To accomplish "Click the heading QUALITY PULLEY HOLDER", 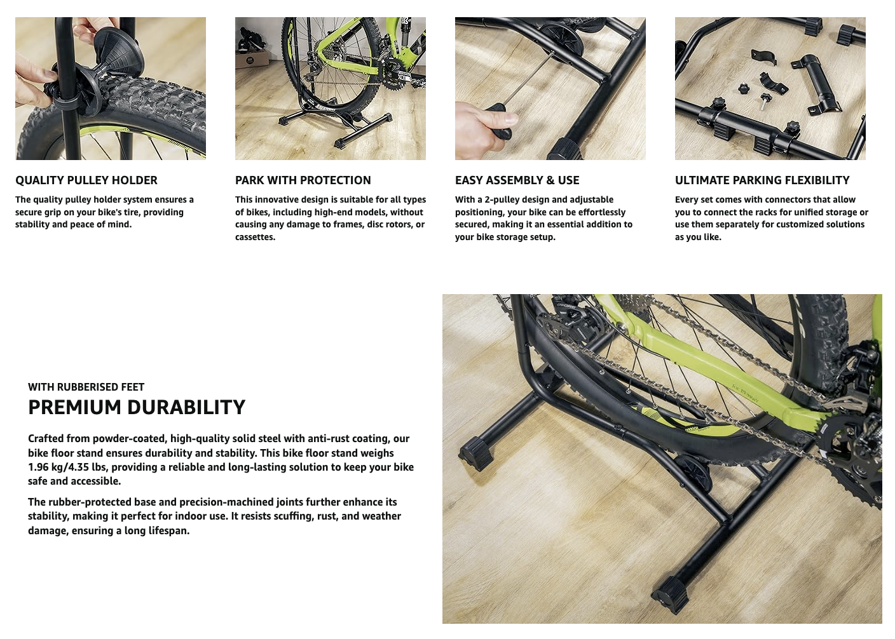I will pyautogui.click(x=86, y=180).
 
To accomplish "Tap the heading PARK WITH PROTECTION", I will pyautogui.click(x=303, y=180).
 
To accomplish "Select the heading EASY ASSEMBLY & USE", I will pyautogui.click(x=517, y=180).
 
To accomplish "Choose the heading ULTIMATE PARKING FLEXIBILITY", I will pyautogui.click(x=762, y=180).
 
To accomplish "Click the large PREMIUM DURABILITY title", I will pyautogui.click(x=137, y=407).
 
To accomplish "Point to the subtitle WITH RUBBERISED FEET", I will pyautogui.click(x=86, y=387).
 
